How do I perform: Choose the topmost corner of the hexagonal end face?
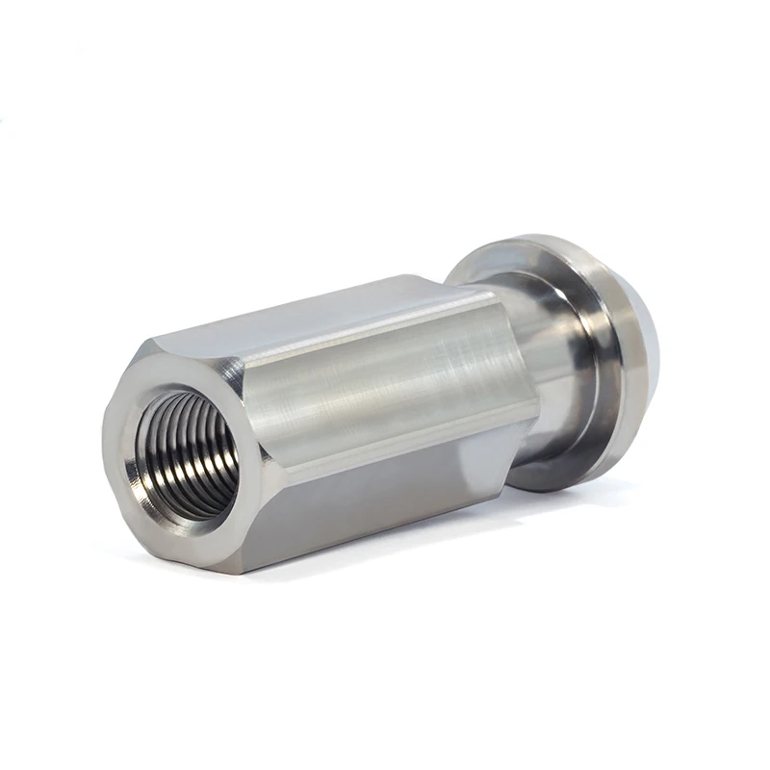pos(155,342)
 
